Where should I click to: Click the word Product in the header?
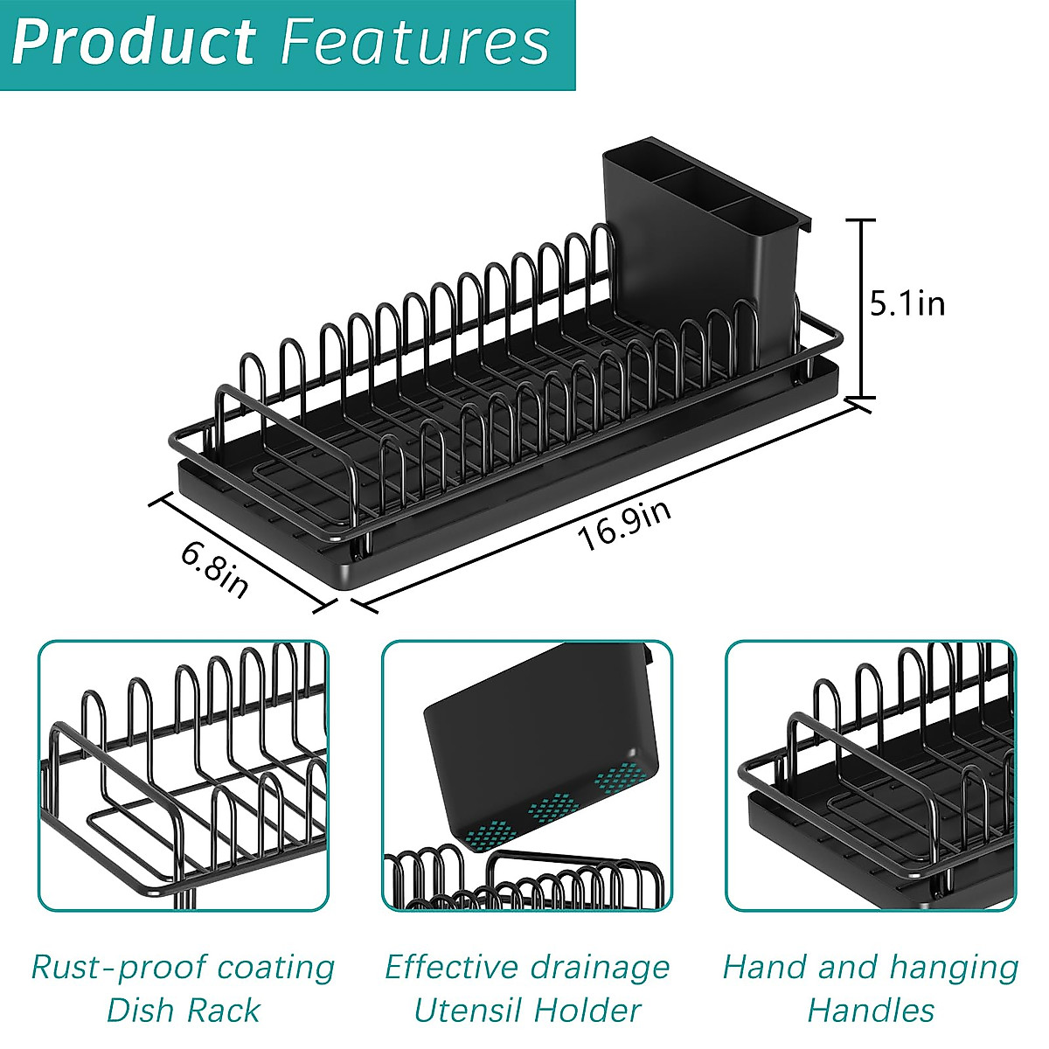pyautogui.click(x=134, y=42)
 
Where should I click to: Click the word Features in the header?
pyautogui.click(x=414, y=42)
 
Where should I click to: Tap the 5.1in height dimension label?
pyautogui.click(x=907, y=303)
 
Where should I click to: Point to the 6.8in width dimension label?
pyautogui.click(x=215, y=569)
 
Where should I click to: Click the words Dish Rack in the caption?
pyautogui.click(x=183, y=1011)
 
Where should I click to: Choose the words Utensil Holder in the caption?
pyautogui.click(x=527, y=1011)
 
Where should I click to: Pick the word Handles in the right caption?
pyautogui.click(x=871, y=1011)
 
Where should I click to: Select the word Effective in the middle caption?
pyautogui.click(x=448, y=967)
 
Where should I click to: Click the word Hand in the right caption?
pyautogui.click(x=761, y=967)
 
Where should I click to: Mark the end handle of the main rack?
pyautogui.click(x=262, y=428)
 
